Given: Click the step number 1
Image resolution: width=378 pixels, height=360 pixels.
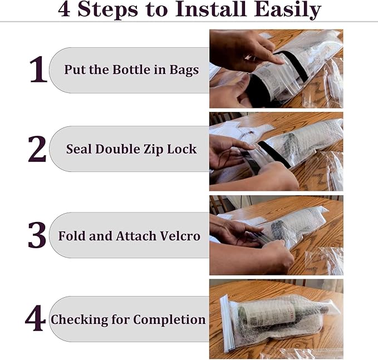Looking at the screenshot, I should click(x=38, y=70).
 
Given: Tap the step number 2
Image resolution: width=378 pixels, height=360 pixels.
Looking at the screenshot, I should click(x=37, y=149).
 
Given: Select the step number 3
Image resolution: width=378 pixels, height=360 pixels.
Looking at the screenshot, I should click(x=37, y=235).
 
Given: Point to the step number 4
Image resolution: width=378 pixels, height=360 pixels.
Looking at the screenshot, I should click(x=35, y=319).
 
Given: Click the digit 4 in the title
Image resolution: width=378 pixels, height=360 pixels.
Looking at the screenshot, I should click(x=65, y=9).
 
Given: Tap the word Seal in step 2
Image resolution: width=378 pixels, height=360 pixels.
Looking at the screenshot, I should click(x=78, y=149).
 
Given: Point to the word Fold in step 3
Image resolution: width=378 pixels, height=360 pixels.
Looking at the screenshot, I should click(x=71, y=235).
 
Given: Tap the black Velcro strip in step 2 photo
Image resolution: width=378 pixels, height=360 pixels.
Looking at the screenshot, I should click(x=273, y=154).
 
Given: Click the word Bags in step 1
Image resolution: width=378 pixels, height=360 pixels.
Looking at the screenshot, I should click(x=184, y=71).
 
